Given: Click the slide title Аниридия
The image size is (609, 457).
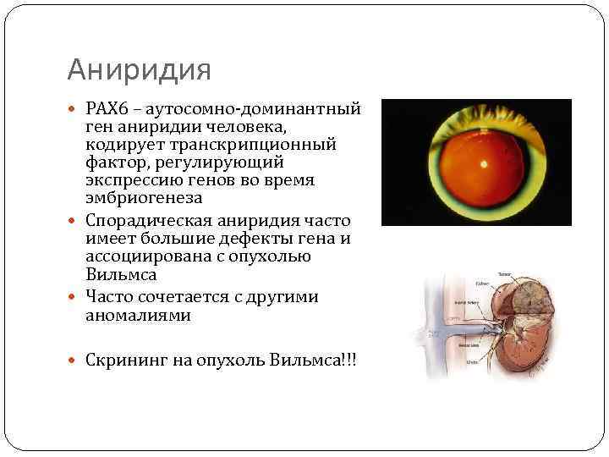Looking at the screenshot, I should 138,69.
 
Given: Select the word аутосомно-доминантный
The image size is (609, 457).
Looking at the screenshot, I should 253,109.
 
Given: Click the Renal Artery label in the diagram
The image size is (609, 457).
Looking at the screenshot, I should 467,302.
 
